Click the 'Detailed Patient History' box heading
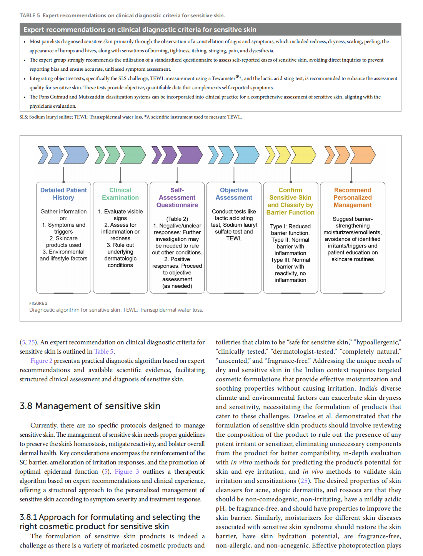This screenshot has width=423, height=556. point(63,194)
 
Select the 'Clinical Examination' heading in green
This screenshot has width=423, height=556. point(120,194)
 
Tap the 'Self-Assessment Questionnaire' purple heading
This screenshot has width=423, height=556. point(177,197)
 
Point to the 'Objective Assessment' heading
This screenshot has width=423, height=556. point(234,194)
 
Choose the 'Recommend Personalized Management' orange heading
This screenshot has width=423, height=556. point(353,197)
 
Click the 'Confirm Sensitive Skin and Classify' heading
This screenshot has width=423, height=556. point(290,201)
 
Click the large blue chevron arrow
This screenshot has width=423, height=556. point(76,155)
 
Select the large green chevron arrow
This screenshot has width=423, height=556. point(133,155)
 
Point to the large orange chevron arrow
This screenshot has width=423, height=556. point(363,155)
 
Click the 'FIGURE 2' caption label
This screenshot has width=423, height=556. point(38,303)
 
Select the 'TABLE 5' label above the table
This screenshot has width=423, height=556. point(30,15)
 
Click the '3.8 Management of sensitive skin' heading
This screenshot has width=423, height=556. point(90,406)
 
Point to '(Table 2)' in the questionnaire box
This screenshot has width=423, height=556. point(177,219)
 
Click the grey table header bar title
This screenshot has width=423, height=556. point(140,30)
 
